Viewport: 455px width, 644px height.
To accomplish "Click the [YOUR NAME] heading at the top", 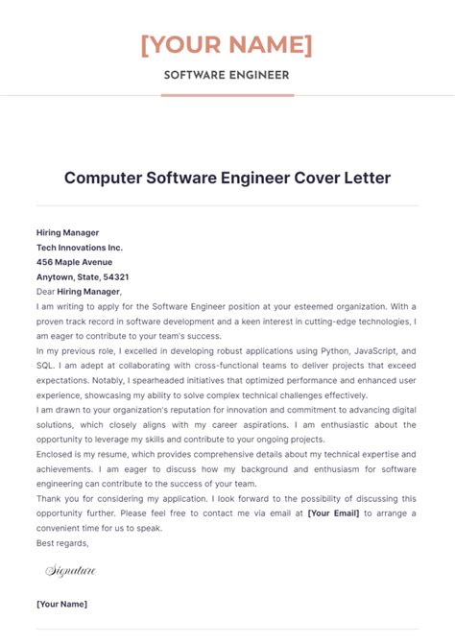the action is click(227, 44).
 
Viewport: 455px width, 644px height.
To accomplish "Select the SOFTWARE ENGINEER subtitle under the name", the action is click(227, 75).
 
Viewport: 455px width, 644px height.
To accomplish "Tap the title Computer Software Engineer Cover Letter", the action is click(227, 179).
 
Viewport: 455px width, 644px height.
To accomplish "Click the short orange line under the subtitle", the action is click(227, 95).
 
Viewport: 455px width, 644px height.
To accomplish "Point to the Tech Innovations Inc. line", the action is click(79, 247).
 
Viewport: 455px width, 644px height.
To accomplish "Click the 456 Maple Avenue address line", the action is click(74, 262).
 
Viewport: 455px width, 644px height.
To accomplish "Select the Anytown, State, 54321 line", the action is click(83, 276).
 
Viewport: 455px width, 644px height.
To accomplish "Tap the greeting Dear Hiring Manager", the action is click(79, 291).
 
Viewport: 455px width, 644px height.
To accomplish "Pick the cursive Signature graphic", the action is click(71, 571).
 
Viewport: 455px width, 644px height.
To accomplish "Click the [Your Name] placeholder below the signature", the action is click(61, 604).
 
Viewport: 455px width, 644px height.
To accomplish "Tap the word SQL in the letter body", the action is click(45, 366).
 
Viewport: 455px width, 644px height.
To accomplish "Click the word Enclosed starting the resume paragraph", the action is click(57, 455).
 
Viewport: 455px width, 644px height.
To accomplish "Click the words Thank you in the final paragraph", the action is click(57, 499).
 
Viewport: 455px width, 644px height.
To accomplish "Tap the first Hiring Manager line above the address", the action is click(67, 232).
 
